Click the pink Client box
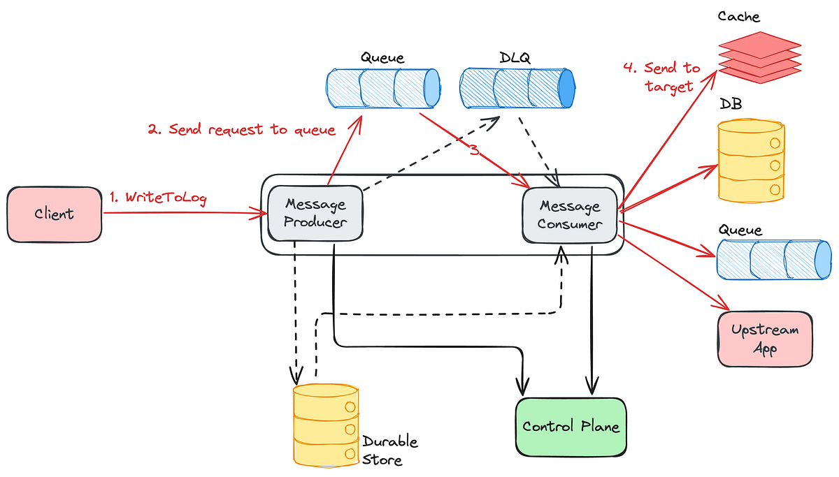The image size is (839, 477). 54,214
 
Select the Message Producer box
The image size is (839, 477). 315,214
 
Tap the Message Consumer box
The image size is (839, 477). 570,215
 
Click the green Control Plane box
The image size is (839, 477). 571,426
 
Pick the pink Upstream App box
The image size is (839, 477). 765,339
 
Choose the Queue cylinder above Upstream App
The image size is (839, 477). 774,259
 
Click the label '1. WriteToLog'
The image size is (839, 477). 158,198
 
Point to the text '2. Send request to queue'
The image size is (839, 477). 241,130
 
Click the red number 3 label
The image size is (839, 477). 475,149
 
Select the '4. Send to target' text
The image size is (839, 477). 661,77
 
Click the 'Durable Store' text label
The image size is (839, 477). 389,450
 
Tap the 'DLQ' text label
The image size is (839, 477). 515,57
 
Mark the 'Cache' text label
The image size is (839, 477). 738,15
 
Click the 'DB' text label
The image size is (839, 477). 731,104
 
